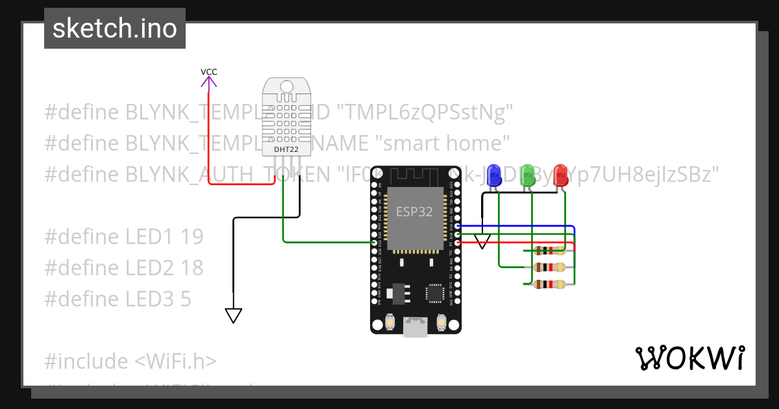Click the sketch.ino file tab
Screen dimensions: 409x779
115,29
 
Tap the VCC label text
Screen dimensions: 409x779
208,71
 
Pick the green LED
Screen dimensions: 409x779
528,175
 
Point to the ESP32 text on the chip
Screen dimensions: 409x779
414,212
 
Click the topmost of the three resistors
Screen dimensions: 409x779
549,251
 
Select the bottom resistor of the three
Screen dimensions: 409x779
549,284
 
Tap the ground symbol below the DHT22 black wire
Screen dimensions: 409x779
234,316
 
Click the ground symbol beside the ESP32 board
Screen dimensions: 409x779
482,242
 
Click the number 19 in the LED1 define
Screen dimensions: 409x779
192,237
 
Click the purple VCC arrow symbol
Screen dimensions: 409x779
208,82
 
